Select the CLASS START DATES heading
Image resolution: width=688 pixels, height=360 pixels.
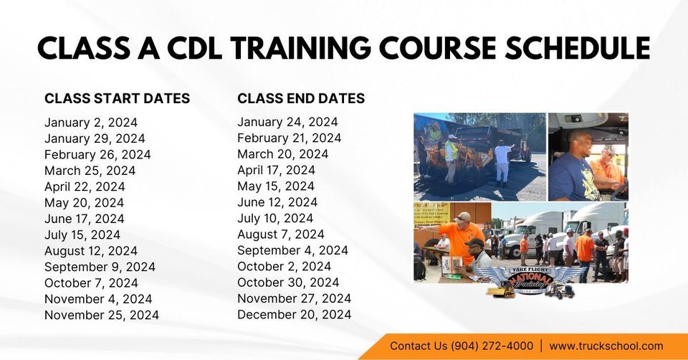pyautogui.click(x=117, y=98)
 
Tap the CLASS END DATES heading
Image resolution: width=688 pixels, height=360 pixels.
pyautogui.click(x=301, y=98)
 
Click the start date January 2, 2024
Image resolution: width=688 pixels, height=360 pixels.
pyautogui.click(x=91, y=123)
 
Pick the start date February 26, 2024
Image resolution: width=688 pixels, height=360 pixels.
pyautogui.click(x=97, y=154)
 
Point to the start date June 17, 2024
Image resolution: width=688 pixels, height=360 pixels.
pyautogui.click(x=84, y=219)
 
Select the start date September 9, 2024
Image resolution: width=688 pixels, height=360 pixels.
pyautogui.click(x=100, y=267)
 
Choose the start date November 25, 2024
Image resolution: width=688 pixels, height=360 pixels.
pyautogui.click(x=102, y=315)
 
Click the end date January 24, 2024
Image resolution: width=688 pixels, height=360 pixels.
pyautogui.click(x=287, y=122)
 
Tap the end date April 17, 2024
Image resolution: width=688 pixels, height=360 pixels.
pyautogui.click(x=276, y=170)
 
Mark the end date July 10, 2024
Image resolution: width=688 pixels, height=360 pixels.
pyautogui.click(x=276, y=218)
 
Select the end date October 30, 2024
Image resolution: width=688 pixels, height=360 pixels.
pyautogui.click(x=288, y=282)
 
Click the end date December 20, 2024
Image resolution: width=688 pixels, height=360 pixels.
pyautogui.click(x=294, y=314)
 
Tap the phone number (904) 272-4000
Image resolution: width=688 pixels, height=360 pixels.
pyautogui.click(x=492, y=346)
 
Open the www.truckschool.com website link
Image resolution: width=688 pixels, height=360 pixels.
pyautogui.click(x=606, y=346)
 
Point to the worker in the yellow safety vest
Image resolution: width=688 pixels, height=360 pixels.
pyautogui.click(x=451, y=153)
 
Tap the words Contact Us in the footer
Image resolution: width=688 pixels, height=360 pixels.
pyautogui.click(x=419, y=346)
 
